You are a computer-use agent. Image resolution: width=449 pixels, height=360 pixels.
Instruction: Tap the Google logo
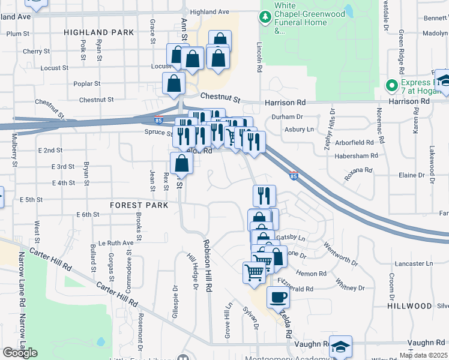[20, 353]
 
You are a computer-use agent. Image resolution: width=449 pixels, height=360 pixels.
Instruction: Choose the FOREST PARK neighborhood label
[139, 205]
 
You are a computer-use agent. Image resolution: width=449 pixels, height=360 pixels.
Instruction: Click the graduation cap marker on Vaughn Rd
[340, 346]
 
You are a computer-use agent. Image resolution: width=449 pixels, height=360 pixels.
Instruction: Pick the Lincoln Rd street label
[259, 57]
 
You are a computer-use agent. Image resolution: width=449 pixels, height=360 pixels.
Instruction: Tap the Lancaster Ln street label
[414, 263]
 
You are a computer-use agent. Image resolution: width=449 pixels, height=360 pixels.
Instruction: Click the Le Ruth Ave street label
[116, 243]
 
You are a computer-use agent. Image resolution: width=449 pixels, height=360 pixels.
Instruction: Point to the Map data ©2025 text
[423, 355]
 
